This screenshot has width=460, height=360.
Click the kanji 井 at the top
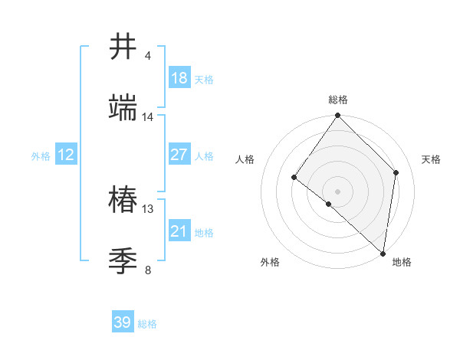coord(123,47)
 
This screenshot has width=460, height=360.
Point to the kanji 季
coord(123,261)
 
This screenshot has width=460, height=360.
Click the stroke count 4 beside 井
coord(147,56)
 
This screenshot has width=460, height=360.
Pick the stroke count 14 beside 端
coord(148,117)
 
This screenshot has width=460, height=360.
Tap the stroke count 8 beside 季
coord(147,270)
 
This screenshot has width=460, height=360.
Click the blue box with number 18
coord(179,78)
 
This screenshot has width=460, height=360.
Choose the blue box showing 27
coord(179,155)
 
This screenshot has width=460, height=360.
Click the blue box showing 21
coord(179,231)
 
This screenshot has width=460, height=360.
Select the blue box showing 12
coord(66,155)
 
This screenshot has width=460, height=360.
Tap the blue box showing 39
coord(123,322)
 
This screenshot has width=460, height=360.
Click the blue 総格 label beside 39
coord(147,324)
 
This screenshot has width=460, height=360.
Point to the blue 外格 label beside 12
coord(41,156)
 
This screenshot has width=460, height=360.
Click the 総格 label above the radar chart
coord(338,100)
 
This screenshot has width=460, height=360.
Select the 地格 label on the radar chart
coord(402,262)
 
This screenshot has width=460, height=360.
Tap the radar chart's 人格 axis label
coord(245,159)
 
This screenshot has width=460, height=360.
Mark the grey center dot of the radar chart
coord(338,191)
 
